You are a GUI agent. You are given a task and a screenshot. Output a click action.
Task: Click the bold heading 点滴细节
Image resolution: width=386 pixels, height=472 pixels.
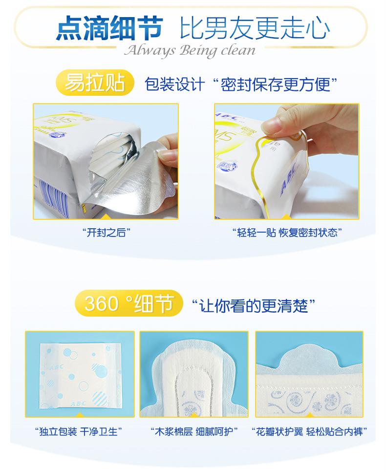coord(109,28)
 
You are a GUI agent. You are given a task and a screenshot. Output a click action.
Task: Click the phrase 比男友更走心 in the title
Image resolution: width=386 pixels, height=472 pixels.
coord(255,28)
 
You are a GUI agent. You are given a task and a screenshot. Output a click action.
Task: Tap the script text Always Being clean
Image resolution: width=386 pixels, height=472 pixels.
coord(190,51)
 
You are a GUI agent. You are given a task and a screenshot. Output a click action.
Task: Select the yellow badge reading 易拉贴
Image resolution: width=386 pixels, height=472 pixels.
coord(95,83)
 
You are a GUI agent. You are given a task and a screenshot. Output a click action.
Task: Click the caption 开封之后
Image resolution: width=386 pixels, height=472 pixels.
coord(107,233)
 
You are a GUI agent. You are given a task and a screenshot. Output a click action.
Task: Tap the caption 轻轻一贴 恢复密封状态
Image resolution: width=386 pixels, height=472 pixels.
coord(287,233)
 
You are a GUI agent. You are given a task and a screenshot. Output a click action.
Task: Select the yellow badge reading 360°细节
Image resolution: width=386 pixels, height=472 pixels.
coord(129,303)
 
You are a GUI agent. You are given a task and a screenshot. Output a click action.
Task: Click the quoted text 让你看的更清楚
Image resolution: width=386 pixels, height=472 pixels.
coord(254,306)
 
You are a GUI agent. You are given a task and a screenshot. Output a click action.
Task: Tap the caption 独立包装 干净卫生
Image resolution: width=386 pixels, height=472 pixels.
coord(79,431)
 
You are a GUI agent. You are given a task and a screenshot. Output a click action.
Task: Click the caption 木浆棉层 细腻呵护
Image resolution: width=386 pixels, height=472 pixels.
coord(194,431)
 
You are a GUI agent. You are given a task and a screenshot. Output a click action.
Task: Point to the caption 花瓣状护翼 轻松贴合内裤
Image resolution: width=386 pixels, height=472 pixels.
coord(309,431)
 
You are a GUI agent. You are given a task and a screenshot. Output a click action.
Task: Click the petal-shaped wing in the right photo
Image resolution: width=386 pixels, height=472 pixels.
coord(310,357)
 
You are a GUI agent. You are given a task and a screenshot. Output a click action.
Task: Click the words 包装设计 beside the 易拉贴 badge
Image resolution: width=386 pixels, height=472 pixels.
coord(175,84)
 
